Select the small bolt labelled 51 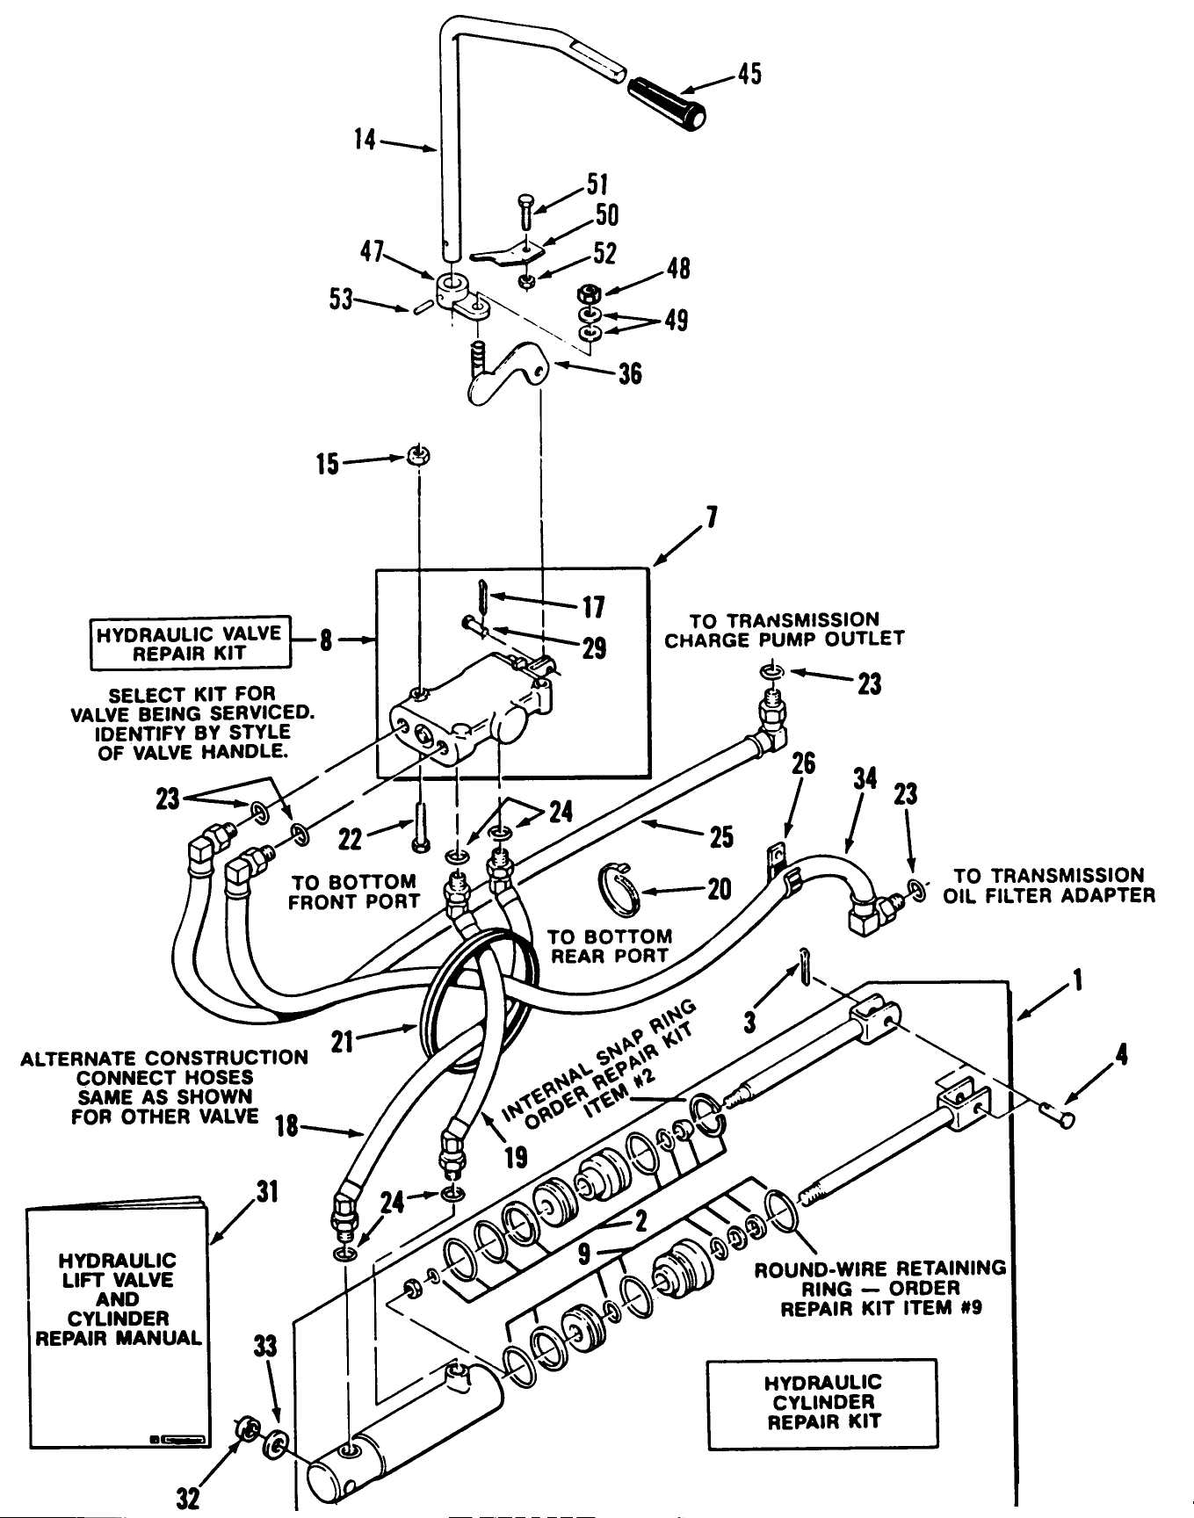[524, 210]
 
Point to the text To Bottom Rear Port [610, 946]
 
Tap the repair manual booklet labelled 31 [116, 1326]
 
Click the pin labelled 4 [1060, 1118]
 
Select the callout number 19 [517, 1158]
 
